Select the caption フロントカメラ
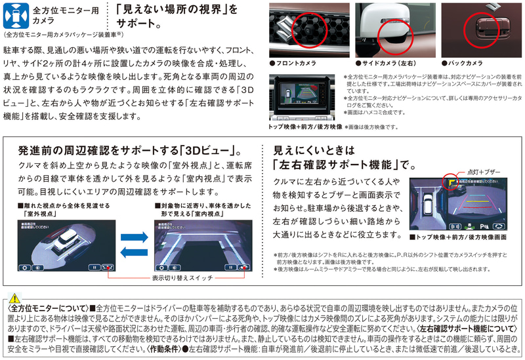pyautogui.click(x=295, y=64)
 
